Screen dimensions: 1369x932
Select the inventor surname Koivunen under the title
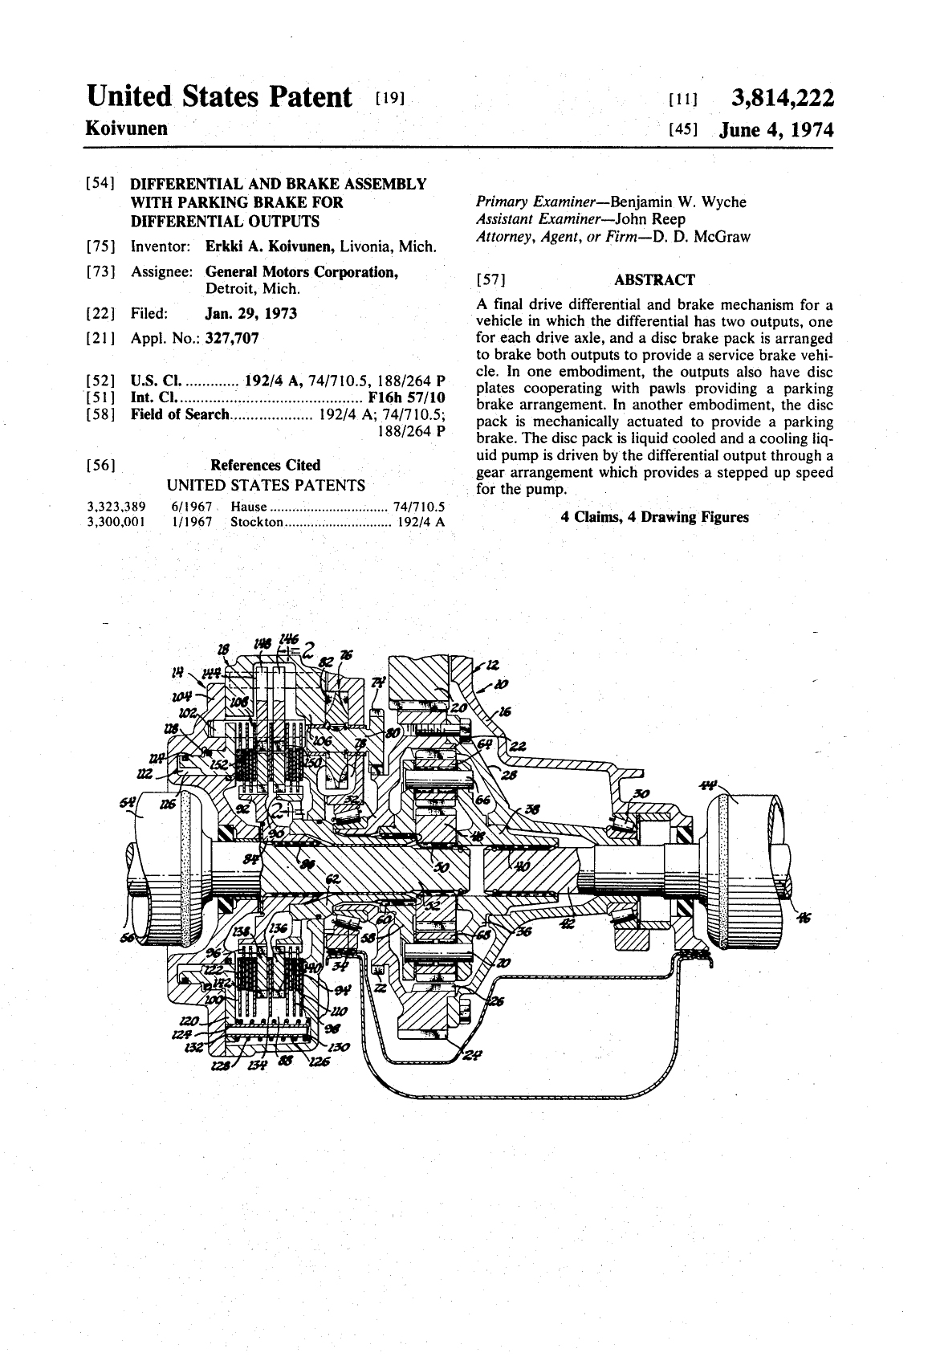(x=127, y=128)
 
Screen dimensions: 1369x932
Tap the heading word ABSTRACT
(x=654, y=280)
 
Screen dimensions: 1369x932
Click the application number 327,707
(x=232, y=338)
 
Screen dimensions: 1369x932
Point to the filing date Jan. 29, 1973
(x=251, y=313)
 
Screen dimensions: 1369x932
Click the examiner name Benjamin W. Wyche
(x=678, y=202)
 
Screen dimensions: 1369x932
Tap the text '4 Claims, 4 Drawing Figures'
(x=654, y=517)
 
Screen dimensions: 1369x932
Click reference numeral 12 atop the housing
(x=492, y=665)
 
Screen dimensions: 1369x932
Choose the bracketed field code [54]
(x=100, y=185)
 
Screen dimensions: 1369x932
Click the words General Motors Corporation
(x=302, y=272)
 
